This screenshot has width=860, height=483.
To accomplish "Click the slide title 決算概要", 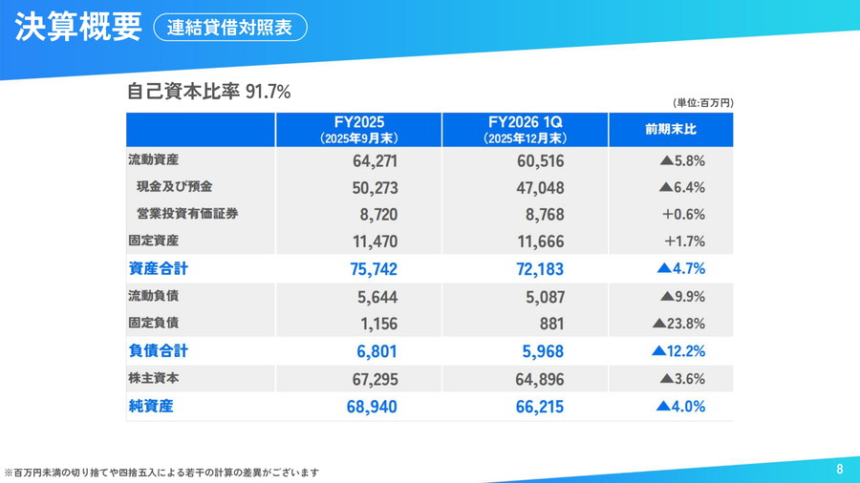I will pyautogui.click(x=77, y=27).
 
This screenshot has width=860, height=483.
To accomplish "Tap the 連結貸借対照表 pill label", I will pyautogui.click(x=229, y=28).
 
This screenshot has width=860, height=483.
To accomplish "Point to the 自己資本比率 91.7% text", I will pyautogui.click(x=208, y=92).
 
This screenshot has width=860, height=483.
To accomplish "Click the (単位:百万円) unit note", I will pyautogui.click(x=702, y=102).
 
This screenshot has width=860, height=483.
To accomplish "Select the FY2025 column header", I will pyautogui.click(x=359, y=130).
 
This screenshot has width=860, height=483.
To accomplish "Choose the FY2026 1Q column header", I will pyautogui.click(x=525, y=130).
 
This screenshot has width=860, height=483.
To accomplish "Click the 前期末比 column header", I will pyautogui.click(x=671, y=130).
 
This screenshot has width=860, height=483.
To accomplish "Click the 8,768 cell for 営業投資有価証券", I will pyautogui.click(x=541, y=215).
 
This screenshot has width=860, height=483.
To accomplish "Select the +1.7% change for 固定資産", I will pyautogui.click(x=683, y=241).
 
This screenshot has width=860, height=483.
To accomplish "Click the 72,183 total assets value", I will pyautogui.click(x=534, y=269).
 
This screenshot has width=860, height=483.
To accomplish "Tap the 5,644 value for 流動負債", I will pyautogui.click(x=377, y=297).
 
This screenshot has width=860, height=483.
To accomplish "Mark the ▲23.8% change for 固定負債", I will pyautogui.click(x=678, y=324).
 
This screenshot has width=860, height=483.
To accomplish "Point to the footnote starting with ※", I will pyautogui.click(x=161, y=472).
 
